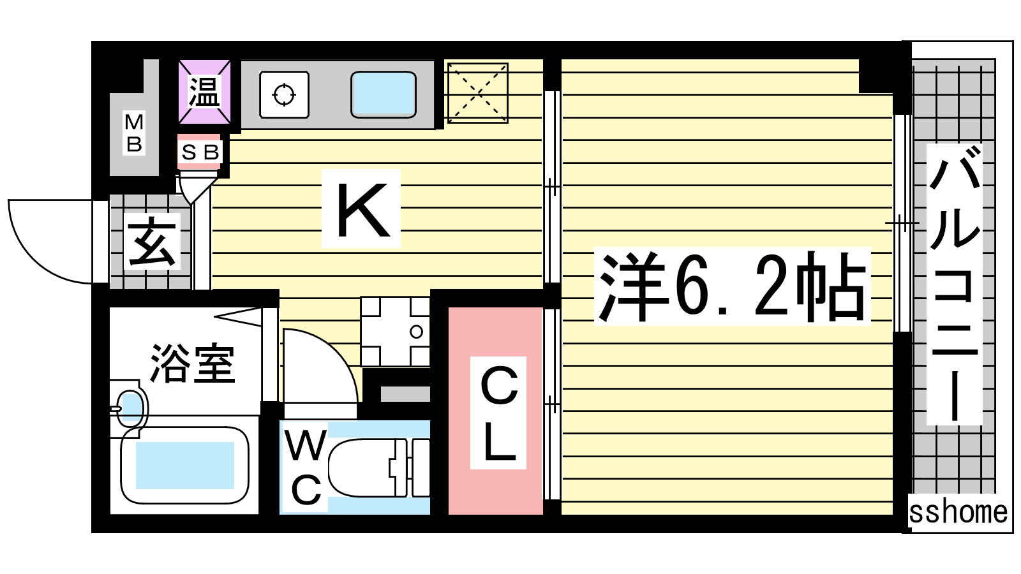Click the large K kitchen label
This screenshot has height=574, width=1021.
pos(363,210)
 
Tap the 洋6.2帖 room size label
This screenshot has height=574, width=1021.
pos(732,286)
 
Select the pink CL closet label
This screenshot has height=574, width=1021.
pos(498,413)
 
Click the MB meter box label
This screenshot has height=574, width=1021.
pos(134,133)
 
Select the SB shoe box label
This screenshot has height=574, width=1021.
pos(200,152)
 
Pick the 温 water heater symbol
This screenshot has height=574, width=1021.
pos(204,92)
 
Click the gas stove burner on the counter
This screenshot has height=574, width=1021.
pos(284,95)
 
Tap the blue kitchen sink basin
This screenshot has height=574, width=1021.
pos(384,94)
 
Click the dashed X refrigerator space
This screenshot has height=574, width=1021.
pos(478,93)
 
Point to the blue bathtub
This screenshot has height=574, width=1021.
pos(184,465)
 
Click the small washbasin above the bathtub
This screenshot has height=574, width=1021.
pos(131,409)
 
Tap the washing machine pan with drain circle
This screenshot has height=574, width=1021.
pos(395,331)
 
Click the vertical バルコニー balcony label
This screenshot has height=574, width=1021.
pos(954,284)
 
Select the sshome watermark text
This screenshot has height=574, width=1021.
pos(958,512)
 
